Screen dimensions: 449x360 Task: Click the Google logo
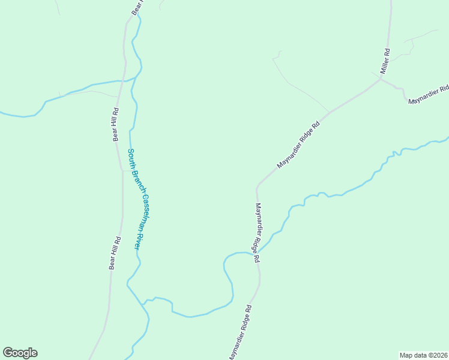(20, 353)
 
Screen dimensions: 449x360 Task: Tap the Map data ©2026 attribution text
(423, 355)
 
